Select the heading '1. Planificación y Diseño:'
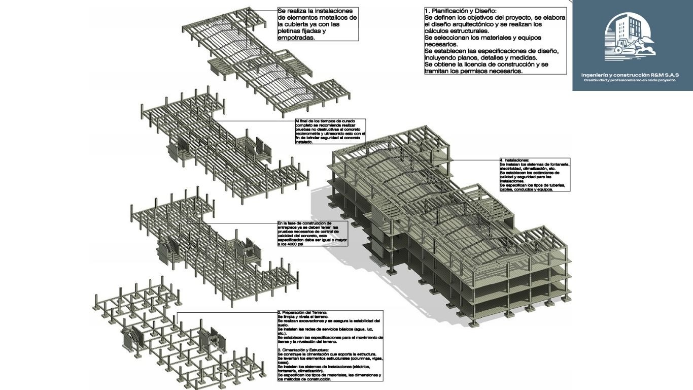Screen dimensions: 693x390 pyautogui.click(x=461, y=10)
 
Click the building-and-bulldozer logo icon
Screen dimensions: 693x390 pyautogui.click(x=630, y=37)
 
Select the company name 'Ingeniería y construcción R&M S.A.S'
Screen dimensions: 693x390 pyautogui.click(x=630, y=75)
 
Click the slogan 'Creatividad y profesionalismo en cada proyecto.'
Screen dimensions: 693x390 pyautogui.click(x=630, y=80)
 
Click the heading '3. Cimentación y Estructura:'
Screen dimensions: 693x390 pyautogui.click(x=303, y=350)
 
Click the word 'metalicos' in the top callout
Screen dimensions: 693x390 pyautogui.click(x=334, y=18)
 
